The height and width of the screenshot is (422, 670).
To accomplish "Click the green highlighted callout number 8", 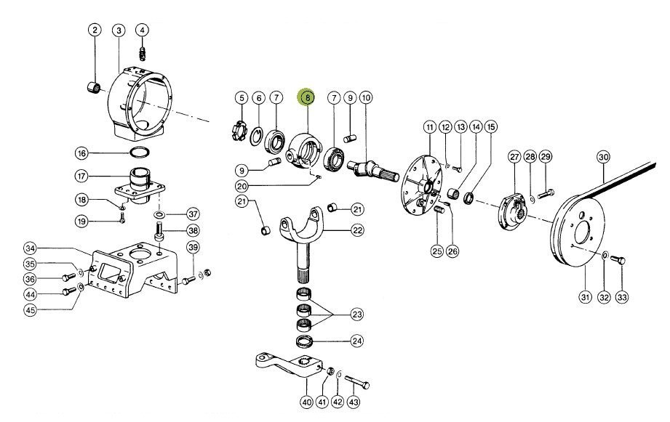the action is pos(307,98).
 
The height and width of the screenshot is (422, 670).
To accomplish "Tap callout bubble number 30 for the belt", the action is pos(603,157).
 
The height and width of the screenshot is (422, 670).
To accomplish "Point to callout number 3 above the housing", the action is pos(119,30).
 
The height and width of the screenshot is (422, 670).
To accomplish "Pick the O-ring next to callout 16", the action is pos(139,152).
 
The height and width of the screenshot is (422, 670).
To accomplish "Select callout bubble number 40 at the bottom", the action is pos(307,402).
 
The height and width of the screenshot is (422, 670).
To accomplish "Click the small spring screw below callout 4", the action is pos(143,54).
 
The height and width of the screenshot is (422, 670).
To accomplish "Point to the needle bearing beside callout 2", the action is pos(95,87).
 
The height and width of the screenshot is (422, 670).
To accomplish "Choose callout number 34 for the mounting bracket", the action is pos(30,248).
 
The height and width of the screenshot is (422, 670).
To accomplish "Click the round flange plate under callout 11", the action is pos(421,187).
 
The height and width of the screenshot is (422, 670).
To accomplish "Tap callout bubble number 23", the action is pos(356,315).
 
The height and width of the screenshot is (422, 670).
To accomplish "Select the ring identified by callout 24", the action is pos(305,341).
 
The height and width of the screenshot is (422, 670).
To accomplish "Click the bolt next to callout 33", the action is pos(618,259).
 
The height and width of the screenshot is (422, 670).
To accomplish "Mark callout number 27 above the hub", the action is pos(514,157).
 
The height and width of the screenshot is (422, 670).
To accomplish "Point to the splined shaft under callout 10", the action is pos(373,171).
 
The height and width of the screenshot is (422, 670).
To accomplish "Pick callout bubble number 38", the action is pos(193,231).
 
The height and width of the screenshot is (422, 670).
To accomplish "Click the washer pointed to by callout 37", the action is pos(159,214).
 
